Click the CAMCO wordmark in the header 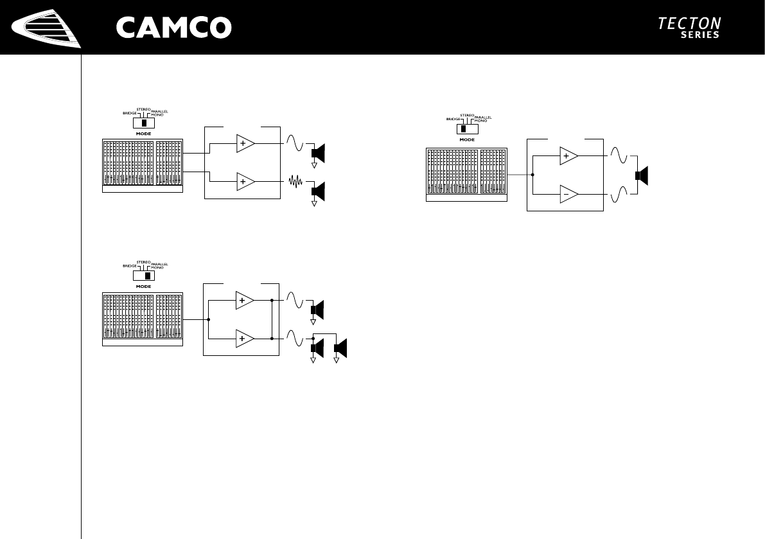point(173,27)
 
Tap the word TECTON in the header point(689,23)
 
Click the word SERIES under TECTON point(699,35)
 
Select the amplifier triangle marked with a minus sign point(568,193)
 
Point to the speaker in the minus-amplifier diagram point(642,175)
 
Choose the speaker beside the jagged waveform point(319,191)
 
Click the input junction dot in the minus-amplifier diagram point(533,174)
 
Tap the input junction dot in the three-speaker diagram point(209,319)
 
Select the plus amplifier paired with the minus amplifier point(568,156)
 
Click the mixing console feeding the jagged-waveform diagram point(143,165)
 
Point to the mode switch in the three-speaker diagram point(144,276)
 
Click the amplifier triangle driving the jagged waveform point(245,182)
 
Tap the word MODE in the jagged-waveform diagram point(144,133)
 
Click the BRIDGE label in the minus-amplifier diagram point(454,119)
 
